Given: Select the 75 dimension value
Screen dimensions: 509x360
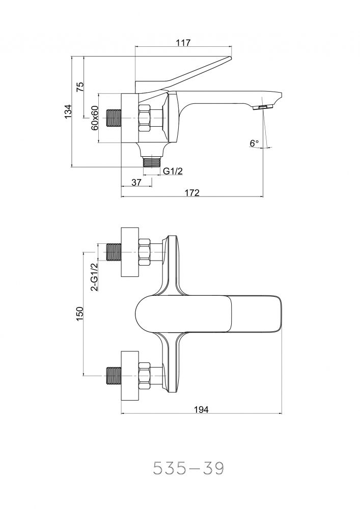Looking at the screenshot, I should pyautogui.click(x=80, y=87).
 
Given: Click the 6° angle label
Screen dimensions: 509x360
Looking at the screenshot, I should pyautogui.click(x=255, y=144).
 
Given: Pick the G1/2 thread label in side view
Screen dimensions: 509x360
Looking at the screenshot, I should pyautogui.click(x=173, y=172).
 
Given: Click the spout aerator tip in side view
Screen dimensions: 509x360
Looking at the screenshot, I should pyautogui.click(x=263, y=107).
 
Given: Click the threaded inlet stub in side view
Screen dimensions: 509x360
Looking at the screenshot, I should pyautogui.click(x=114, y=118).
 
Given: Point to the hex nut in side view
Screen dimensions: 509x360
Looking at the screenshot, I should pyautogui.click(x=145, y=118).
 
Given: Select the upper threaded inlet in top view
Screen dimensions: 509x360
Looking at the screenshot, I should pyautogui.click(x=113, y=252).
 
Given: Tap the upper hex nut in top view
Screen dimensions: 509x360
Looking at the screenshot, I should pyautogui.click(x=145, y=252).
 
